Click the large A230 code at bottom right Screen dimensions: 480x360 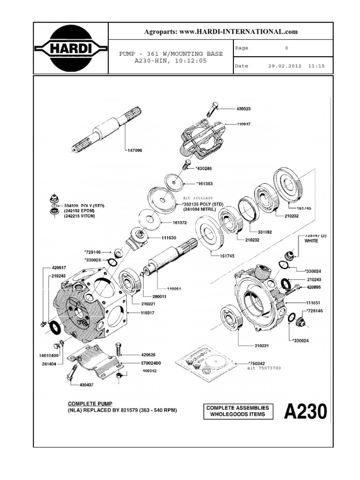[305, 412]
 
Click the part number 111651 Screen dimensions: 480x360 [303, 303]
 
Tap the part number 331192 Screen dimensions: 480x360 [265, 231]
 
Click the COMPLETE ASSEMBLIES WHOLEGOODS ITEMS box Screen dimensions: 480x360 [238, 411]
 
